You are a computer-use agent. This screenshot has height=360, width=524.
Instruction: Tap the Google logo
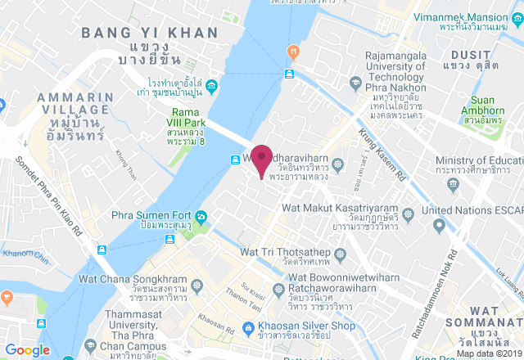click(x=27, y=350)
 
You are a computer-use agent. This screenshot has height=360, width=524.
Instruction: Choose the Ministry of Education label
click(x=479, y=159)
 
